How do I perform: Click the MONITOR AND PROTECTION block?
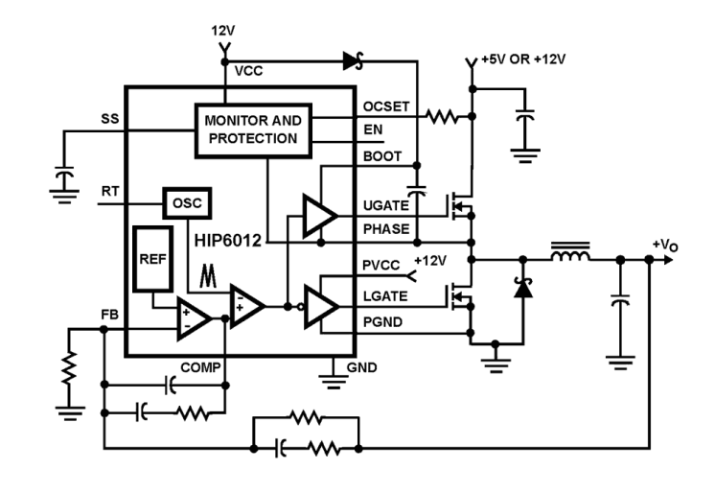tap(251, 129)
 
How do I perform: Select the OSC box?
tap(187, 204)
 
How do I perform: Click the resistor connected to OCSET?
tap(443, 118)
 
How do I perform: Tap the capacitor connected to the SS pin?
tap(63, 177)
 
